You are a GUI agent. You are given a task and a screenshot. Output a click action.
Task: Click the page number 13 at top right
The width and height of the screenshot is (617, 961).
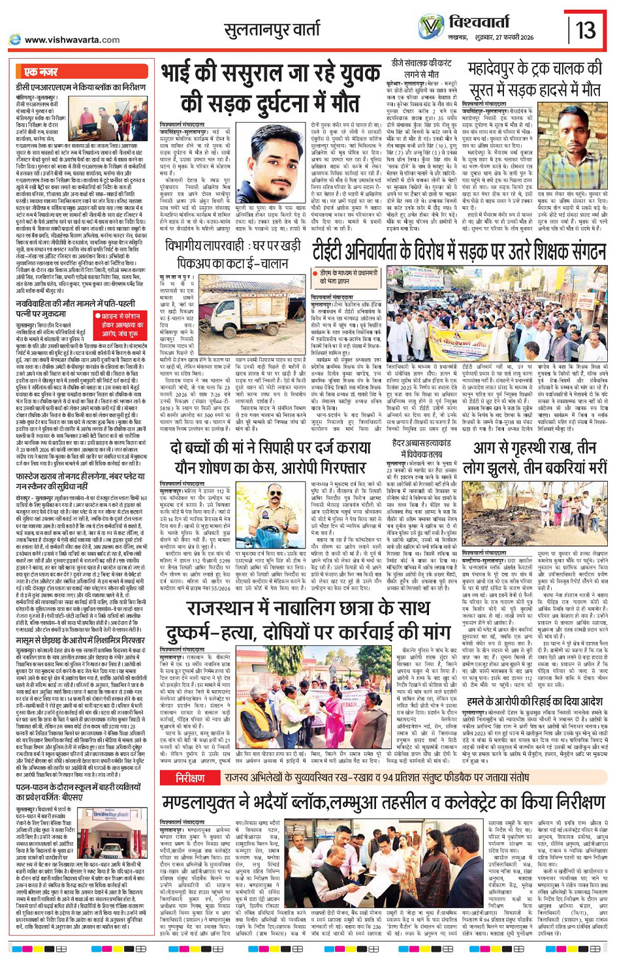point(585,29)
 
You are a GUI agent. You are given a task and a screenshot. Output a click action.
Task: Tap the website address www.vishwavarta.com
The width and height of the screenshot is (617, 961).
point(72,40)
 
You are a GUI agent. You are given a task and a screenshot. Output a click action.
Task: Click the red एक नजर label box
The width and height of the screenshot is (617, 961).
point(42,72)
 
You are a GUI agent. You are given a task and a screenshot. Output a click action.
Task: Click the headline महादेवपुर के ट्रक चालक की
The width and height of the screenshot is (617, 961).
point(535,69)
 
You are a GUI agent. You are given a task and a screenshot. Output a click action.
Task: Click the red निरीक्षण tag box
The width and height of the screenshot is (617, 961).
point(190,778)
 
